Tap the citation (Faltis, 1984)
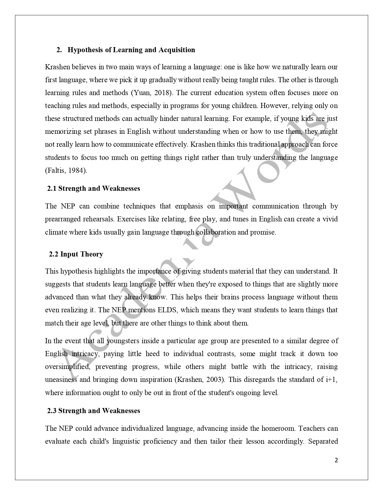(66, 170)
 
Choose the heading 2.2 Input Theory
(76, 254)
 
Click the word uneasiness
(61, 379)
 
